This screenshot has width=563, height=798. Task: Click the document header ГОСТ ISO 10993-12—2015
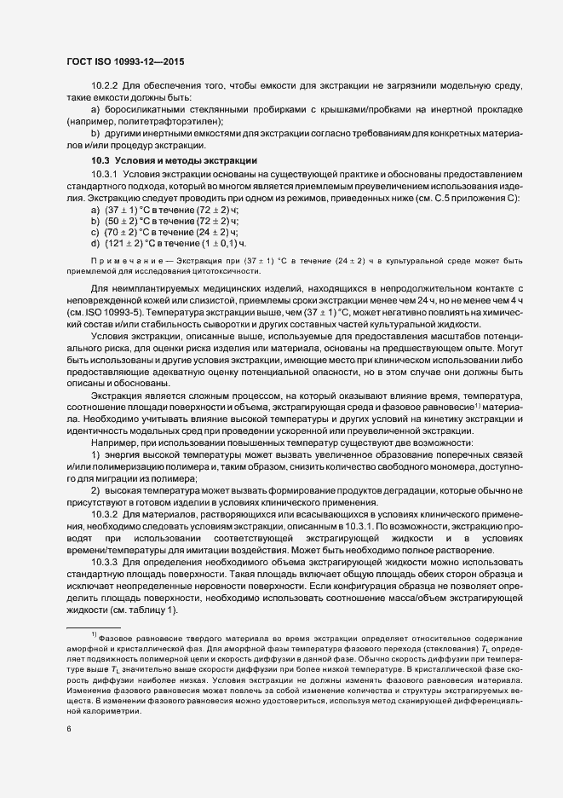[x=125, y=61]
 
